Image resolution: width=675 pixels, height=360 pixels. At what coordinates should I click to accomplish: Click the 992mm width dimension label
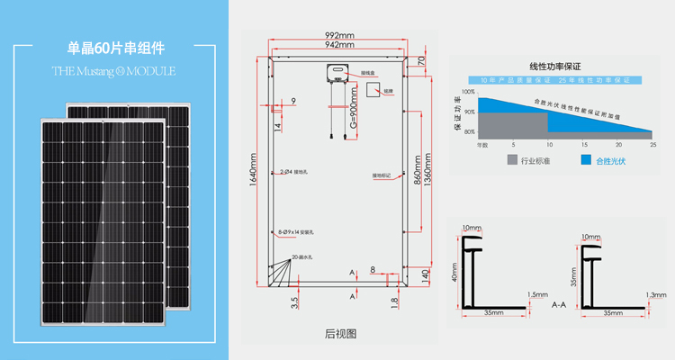(x=339, y=36)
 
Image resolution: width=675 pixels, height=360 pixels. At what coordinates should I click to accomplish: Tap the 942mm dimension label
(x=339, y=45)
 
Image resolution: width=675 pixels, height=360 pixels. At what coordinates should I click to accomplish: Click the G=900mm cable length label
(x=354, y=112)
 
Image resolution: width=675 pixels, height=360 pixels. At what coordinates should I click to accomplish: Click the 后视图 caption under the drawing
(x=340, y=333)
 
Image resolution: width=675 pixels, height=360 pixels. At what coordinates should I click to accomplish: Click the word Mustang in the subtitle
(x=94, y=69)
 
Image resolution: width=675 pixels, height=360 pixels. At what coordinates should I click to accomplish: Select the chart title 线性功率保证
(x=555, y=66)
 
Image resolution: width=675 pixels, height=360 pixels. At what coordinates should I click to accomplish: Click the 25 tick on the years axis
(x=652, y=144)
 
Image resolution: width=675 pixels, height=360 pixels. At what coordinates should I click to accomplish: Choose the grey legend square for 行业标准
(x=513, y=160)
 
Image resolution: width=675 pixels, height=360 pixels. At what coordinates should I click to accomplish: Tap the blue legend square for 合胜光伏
(x=586, y=160)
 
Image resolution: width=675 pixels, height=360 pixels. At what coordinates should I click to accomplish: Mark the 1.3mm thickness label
(x=656, y=294)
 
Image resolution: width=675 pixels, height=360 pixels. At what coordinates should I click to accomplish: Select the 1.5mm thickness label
(x=537, y=294)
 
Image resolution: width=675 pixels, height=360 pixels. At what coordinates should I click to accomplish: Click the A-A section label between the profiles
(x=558, y=305)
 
